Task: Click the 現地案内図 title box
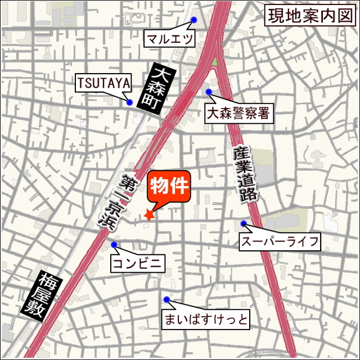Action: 310,15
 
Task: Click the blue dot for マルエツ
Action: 193,20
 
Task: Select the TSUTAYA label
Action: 103,84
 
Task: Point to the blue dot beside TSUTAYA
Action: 130,102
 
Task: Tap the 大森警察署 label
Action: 238,114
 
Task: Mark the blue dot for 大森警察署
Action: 208,92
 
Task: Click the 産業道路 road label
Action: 245,174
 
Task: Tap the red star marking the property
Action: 149,214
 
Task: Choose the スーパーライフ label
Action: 280,242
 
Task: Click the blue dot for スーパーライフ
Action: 244,224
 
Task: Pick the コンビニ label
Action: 138,263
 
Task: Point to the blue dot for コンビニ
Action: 114,245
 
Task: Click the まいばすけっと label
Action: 205,320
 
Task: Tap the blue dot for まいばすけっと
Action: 166,299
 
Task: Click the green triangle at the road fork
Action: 214,62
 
